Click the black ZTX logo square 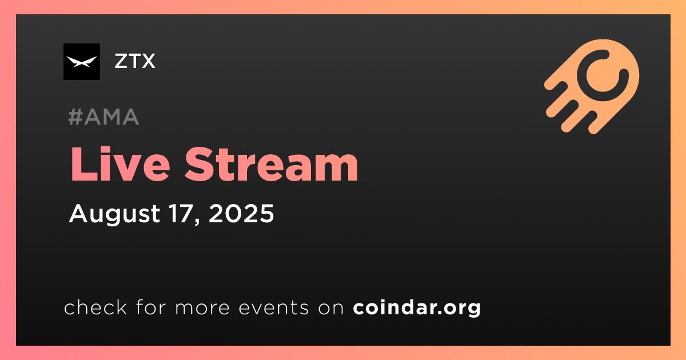[82, 62]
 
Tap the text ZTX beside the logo [135, 61]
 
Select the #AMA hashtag [103, 117]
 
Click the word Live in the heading [120, 165]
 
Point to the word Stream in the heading [271, 165]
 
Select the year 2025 [241, 213]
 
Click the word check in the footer [95, 307]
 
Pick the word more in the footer [202, 308]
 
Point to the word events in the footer [273, 307]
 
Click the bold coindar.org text [417, 307]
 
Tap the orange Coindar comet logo [592, 86]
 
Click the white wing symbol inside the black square [82, 62]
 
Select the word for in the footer [151, 307]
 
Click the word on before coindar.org [331, 308]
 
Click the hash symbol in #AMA [75, 117]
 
